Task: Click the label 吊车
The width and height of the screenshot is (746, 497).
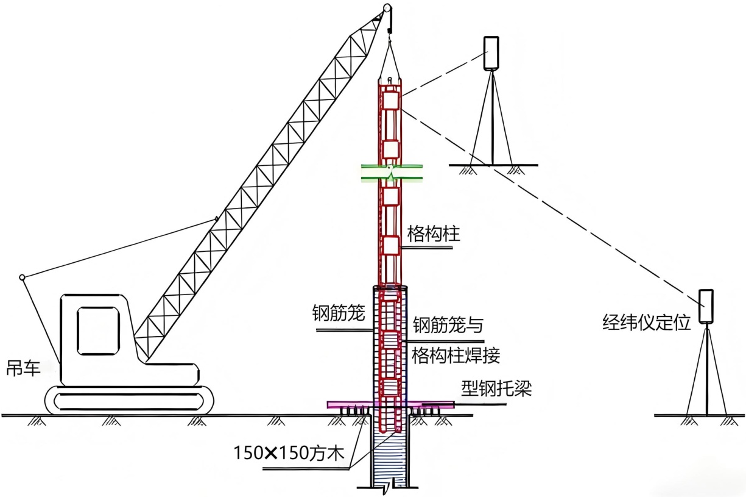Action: tap(24, 368)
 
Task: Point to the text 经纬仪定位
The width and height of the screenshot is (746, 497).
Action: tap(647, 323)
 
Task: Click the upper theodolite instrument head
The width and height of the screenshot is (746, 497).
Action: tap(491, 53)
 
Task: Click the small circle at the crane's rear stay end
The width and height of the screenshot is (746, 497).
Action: tap(23, 277)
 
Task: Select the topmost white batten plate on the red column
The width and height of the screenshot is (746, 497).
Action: tap(390, 100)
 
